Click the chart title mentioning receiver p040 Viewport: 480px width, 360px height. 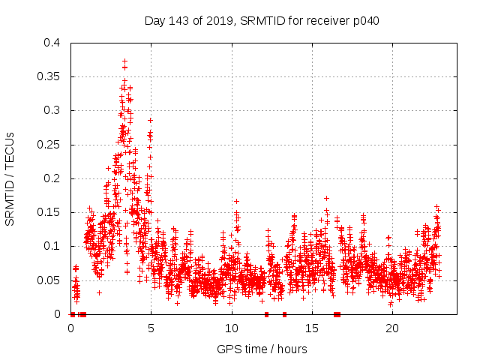click(262, 20)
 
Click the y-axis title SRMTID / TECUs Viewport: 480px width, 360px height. click(10, 178)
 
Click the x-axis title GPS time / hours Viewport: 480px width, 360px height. click(262, 349)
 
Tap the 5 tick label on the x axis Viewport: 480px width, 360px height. click(151, 328)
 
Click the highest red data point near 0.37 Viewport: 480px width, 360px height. click(124, 61)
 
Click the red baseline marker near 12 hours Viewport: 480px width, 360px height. click(266, 314)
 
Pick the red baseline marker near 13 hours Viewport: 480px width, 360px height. click(284, 314)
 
